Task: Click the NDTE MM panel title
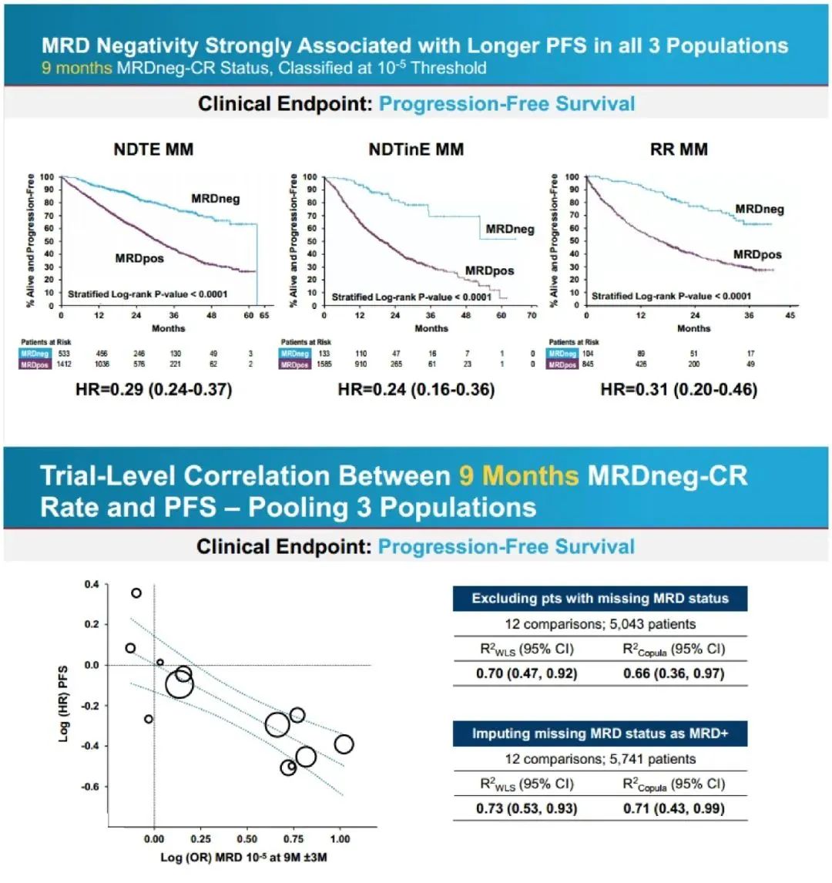click(x=153, y=149)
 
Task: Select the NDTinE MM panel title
click(x=416, y=149)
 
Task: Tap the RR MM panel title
click(x=679, y=149)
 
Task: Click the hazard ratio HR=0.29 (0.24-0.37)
click(x=154, y=390)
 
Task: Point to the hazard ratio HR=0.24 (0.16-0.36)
click(x=416, y=390)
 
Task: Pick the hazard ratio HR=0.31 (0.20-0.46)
click(x=679, y=390)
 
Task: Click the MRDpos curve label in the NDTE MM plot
click(x=139, y=258)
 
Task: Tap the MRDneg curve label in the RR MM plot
click(x=760, y=209)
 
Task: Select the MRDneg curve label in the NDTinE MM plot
click(x=510, y=229)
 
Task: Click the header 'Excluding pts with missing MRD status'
click(x=599, y=599)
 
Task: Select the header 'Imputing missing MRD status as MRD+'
click(x=599, y=734)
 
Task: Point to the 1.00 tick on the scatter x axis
click(x=340, y=839)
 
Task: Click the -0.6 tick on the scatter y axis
click(x=91, y=787)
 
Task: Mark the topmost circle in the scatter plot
click(x=136, y=593)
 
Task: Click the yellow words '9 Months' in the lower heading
click(x=518, y=475)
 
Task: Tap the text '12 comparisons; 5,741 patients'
click(x=599, y=759)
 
